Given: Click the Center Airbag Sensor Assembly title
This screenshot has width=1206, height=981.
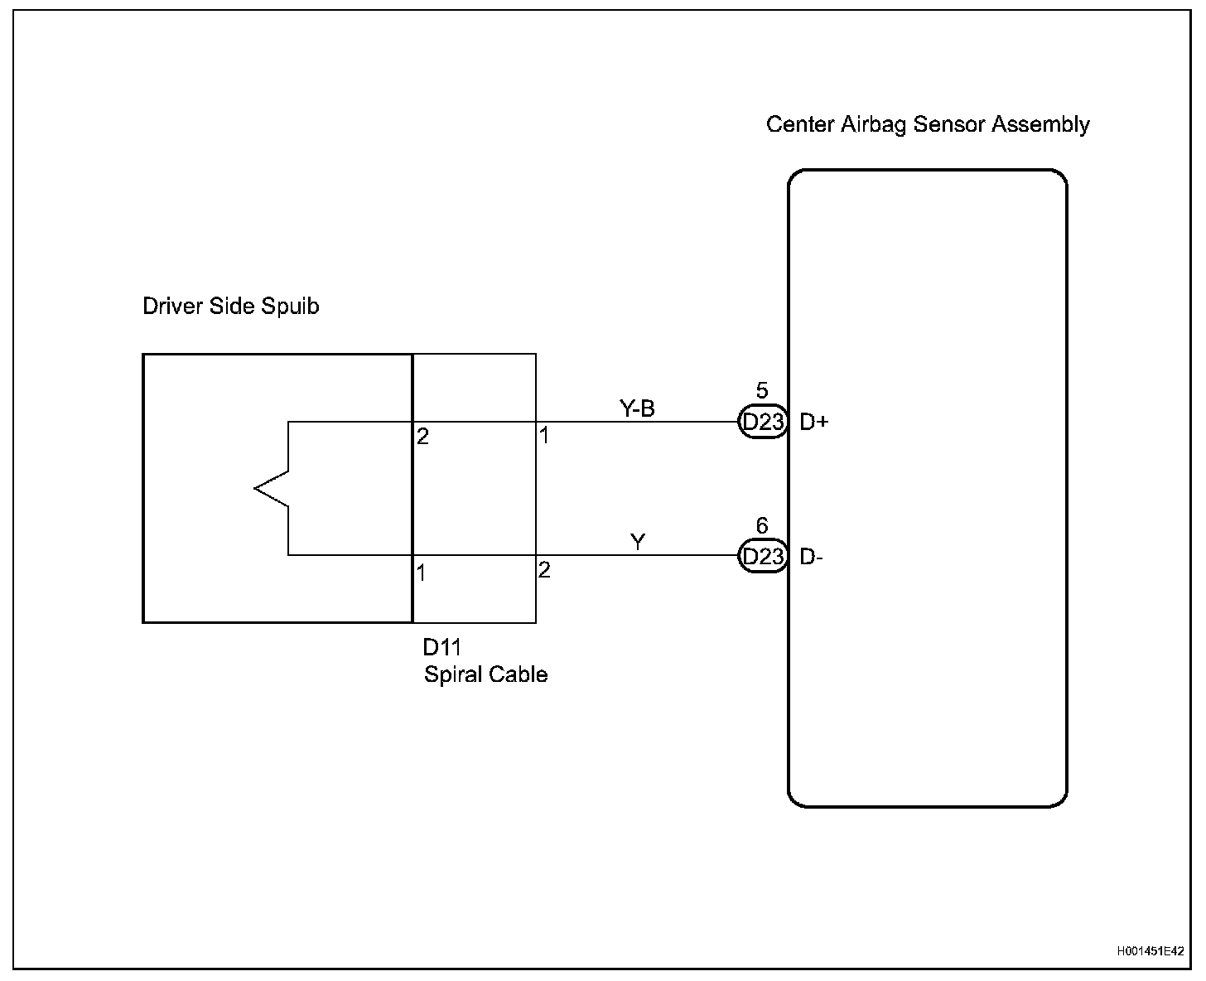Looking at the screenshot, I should pos(928,125).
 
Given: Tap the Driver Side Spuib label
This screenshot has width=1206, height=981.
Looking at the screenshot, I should pos(230,307).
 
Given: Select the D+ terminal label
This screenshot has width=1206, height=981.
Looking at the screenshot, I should pos(813,423).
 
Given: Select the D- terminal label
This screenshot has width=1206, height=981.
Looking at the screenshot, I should pos(811,558).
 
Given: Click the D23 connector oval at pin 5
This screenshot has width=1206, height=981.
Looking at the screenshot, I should pos(762,423).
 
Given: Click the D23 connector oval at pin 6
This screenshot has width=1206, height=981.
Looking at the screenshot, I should pos(762,556).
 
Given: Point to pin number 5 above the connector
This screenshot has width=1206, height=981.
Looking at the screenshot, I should pos(762,391).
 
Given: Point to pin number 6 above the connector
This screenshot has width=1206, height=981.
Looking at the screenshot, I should pos(762,526).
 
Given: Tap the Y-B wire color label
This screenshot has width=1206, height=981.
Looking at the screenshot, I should pos(637,408).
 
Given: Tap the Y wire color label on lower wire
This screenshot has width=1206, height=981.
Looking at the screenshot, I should pos(638,543).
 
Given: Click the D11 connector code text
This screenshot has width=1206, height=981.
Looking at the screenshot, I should pos(441,648).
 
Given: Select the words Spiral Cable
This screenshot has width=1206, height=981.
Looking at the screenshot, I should pos(485,674).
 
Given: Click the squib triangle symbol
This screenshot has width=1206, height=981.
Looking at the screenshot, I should pos(272,488).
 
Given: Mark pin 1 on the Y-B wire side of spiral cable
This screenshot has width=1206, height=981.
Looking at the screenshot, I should pos(544,435).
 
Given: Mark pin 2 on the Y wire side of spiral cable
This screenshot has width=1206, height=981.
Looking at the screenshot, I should pos(544,570).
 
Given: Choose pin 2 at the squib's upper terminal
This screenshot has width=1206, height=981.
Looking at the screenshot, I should pos(422,437).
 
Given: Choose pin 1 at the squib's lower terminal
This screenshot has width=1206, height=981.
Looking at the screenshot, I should pos(422,573).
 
